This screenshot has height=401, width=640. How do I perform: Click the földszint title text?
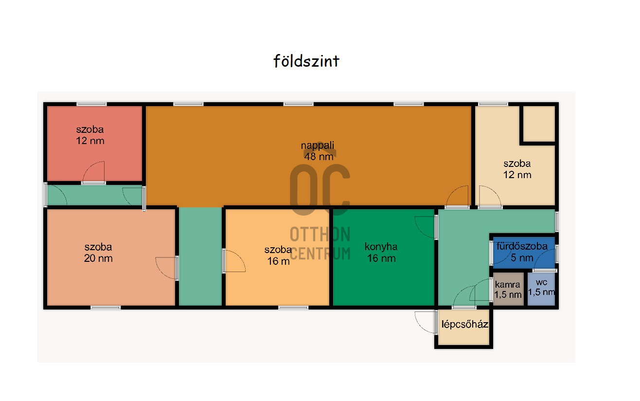[x=306, y=61]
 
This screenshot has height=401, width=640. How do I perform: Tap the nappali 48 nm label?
[x=318, y=151]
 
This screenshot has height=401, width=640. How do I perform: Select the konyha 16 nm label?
[x=381, y=253]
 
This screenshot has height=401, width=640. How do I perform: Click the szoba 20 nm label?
[x=98, y=253]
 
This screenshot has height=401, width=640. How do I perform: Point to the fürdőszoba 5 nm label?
[x=522, y=252]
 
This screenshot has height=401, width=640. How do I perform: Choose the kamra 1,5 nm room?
[x=508, y=289]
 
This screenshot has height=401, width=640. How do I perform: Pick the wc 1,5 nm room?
[x=541, y=289]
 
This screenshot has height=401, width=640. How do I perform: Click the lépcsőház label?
[x=464, y=324]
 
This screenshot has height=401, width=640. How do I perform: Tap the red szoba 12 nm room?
[x=94, y=144]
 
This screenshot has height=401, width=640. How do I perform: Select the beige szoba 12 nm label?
[x=517, y=169]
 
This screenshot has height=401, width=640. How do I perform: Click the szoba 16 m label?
[x=278, y=255]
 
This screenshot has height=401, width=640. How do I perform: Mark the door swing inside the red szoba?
[x=94, y=171]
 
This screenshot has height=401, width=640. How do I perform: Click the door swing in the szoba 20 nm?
[x=166, y=268]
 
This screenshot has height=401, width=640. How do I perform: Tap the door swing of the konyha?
[x=425, y=227]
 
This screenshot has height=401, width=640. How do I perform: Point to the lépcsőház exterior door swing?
[x=426, y=322]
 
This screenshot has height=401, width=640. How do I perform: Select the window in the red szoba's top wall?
[x=91, y=104]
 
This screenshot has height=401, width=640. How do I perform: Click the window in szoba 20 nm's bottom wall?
[x=106, y=308]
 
